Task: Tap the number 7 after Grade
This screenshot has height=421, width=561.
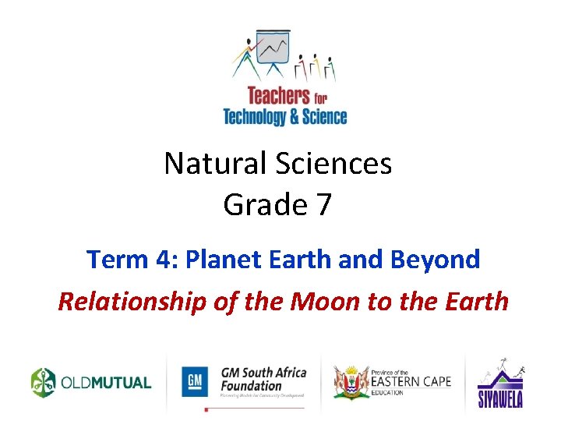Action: [x=323, y=205]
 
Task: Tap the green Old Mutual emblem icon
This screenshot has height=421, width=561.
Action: [x=44, y=382]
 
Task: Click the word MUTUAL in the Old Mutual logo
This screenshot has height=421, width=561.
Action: [x=120, y=383]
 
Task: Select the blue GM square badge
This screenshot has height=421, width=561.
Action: [x=196, y=381]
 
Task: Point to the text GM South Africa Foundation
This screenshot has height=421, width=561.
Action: [x=263, y=379]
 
